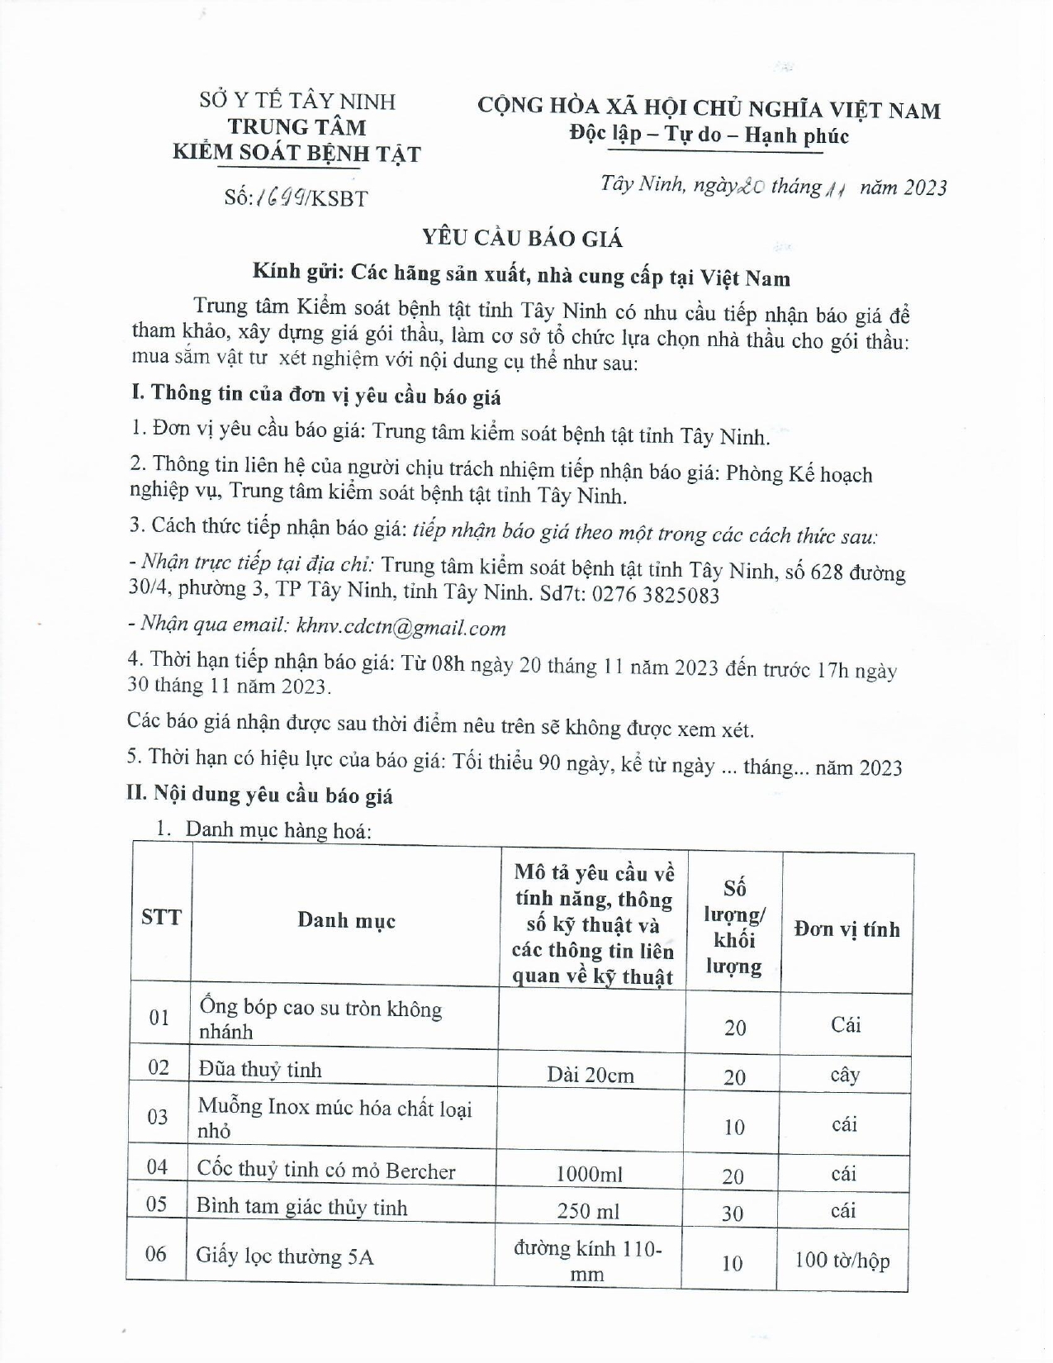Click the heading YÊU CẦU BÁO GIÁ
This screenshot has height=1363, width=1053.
tap(522, 238)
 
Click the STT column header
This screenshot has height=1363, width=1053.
tap(160, 917)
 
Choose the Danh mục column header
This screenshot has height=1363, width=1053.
tap(346, 920)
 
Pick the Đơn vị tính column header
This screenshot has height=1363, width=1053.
tap(847, 929)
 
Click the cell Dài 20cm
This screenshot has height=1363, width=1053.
tap(591, 1075)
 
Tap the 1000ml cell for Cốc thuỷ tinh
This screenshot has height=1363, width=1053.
tap(589, 1174)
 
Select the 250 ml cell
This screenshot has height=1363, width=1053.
tap(588, 1211)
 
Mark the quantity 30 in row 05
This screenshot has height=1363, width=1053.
tap(733, 1213)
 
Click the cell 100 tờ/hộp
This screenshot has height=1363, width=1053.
tap(842, 1261)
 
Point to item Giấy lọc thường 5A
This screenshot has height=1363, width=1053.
tap(285, 1256)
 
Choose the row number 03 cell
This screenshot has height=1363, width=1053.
tap(158, 1117)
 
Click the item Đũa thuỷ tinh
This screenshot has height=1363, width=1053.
tap(260, 1070)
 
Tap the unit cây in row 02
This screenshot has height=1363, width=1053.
tap(844, 1075)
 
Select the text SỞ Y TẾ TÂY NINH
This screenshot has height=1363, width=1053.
tap(297, 102)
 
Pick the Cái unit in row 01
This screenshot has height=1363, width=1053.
tap(846, 1025)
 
